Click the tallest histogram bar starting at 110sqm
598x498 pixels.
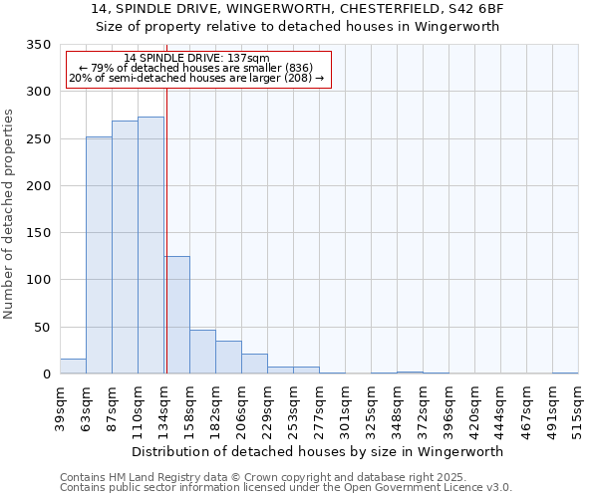point(150,245)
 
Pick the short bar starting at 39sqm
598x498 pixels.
point(73,367)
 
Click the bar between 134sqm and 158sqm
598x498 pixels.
point(176,315)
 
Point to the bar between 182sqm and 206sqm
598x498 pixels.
point(228,358)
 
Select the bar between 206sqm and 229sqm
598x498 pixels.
point(254,364)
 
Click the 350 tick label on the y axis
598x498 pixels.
point(39,45)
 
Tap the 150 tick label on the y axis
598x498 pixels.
point(39,233)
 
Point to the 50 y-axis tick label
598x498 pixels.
point(43,327)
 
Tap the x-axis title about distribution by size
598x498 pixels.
point(317,451)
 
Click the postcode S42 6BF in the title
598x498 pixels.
point(474,8)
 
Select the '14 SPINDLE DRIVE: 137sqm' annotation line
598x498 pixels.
point(196,59)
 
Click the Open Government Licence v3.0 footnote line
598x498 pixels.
point(285,487)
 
